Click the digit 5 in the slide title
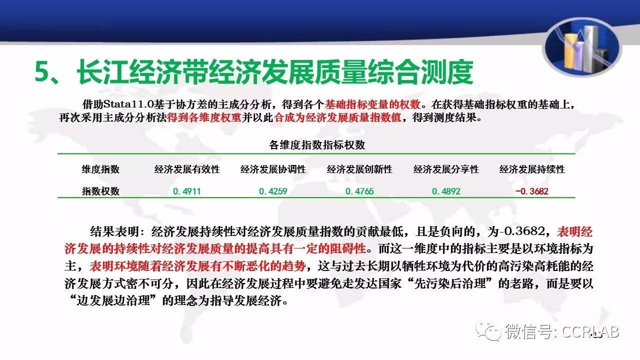point(43,71)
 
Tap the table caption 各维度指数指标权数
point(317,145)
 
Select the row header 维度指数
point(100,169)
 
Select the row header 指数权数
point(100,191)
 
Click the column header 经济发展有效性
point(187,169)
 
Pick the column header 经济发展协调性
point(273,169)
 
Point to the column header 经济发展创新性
point(359,169)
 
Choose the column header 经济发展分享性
point(446,169)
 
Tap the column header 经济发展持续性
point(532,169)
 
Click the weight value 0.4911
point(187,191)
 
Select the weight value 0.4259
point(273,191)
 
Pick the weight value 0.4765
point(359,191)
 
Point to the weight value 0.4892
point(446,191)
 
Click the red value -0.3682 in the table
point(531,191)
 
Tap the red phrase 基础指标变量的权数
point(372,104)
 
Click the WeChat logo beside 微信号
point(488,331)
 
